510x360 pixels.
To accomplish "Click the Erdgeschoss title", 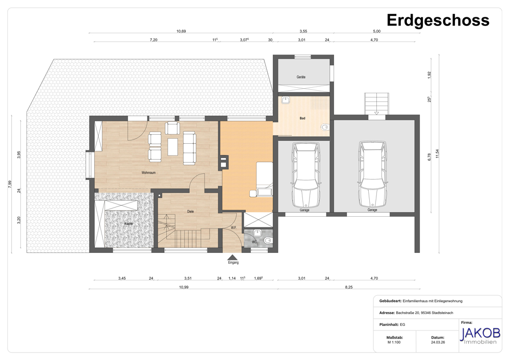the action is (438, 20).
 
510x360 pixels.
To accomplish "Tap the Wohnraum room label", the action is (148, 173).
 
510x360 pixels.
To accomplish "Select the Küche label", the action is (129, 224).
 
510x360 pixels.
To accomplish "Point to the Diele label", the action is (191, 212).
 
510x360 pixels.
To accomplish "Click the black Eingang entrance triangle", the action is (233, 257).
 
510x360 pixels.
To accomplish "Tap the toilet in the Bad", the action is (325, 127).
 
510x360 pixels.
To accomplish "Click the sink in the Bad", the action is (286, 100).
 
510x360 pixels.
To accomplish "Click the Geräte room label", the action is (301, 77).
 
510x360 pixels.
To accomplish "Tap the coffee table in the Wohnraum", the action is (173, 147).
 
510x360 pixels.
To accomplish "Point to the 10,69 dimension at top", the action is (181, 31).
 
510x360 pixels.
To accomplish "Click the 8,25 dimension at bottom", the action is (349, 287).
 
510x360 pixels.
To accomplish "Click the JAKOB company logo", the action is (480, 336).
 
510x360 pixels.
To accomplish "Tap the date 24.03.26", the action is (438, 343).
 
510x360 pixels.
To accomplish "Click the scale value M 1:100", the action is (394, 343).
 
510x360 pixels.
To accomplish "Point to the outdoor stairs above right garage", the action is (376, 104).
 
